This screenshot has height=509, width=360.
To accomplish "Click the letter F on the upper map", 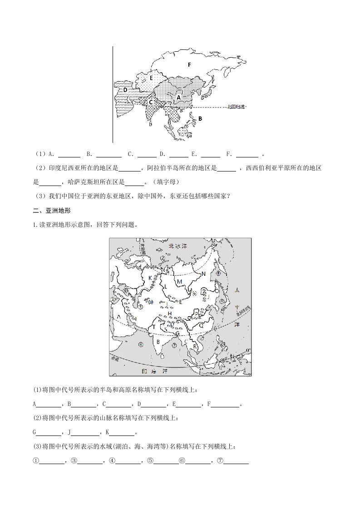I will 189,65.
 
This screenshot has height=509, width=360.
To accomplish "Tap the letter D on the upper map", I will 125,90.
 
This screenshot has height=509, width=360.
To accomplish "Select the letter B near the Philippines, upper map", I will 200,118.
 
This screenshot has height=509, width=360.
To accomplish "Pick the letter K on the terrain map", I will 149,277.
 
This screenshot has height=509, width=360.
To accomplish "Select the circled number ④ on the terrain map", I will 141,344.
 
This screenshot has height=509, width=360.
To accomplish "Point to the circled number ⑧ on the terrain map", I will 218,273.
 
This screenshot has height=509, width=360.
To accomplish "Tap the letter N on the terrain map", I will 203,274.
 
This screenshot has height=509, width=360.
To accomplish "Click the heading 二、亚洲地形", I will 49,210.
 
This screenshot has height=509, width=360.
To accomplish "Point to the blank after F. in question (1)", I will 247,154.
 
